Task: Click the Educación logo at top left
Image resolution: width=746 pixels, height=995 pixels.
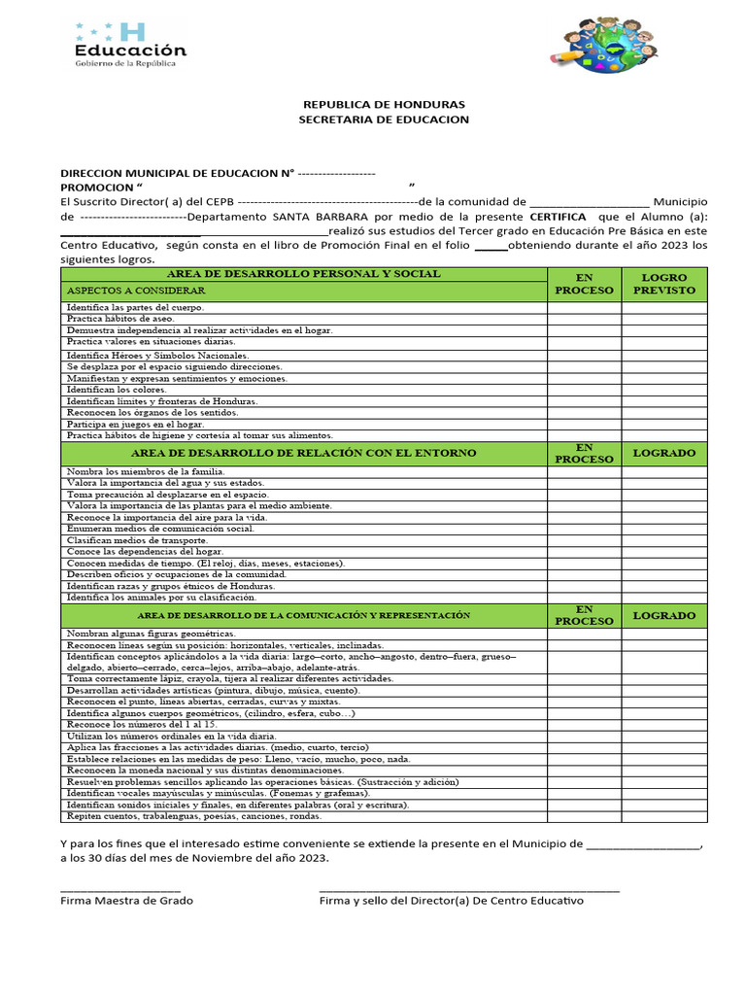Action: [x=129, y=45]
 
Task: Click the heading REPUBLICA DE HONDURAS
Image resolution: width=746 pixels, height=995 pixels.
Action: [x=384, y=104]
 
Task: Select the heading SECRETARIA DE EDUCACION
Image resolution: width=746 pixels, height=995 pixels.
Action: [x=384, y=120]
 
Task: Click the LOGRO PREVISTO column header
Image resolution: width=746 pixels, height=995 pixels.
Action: [x=664, y=284]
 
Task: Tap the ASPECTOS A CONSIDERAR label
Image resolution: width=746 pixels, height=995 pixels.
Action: [x=135, y=291]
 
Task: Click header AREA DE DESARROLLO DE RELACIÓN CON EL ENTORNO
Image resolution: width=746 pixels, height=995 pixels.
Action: [x=303, y=453]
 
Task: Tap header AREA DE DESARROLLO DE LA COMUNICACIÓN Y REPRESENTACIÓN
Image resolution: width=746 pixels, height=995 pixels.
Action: [x=303, y=615]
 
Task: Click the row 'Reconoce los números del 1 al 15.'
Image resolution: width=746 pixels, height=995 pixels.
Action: [x=142, y=725]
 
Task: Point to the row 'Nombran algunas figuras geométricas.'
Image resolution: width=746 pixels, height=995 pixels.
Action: [x=151, y=633]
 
